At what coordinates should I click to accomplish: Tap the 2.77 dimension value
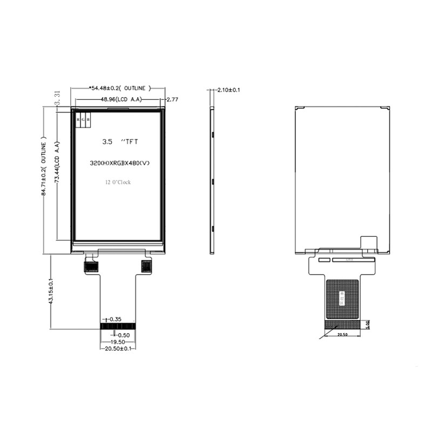coord(173,99)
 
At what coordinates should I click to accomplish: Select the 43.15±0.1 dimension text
coord(51,292)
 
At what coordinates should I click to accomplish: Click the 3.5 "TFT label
coord(120,142)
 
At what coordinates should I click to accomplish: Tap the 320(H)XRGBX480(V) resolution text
coord(118,163)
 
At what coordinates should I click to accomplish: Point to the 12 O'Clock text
coord(118,183)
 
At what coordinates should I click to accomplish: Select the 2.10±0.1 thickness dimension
coord(228,90)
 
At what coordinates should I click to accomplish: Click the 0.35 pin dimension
coord(115,320)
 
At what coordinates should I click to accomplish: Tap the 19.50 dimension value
coord(118,342)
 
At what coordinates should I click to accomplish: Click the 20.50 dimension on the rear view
coord(342,335)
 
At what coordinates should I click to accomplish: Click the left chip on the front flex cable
coord(91,266)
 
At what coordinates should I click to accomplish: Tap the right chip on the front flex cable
coord(146,266)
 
